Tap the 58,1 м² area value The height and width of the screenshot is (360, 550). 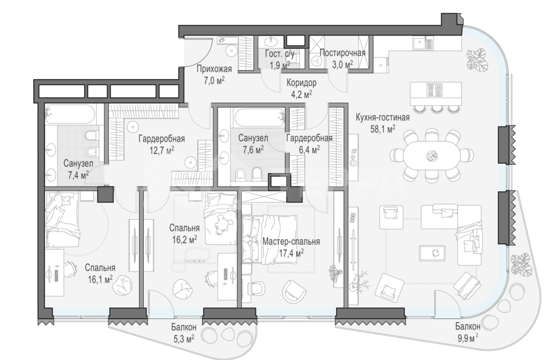[x=383, y=129]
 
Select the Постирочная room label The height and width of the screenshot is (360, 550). [x=342, y=53]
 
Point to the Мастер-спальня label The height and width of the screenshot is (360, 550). [x=291, y=242]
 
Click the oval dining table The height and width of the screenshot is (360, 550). [x=431, y=154]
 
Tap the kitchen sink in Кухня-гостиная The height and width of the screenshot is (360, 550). [x=419, y=43]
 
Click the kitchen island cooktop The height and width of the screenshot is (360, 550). [x=435, y=90]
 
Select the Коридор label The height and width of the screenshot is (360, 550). [x=301, y=83]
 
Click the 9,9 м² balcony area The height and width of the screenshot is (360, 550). [x=467, y=338]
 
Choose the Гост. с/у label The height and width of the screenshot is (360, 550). [x=280, y=53]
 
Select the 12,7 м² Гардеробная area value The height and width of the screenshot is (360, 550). [x=162, y=150]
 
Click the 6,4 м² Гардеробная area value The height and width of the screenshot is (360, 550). [x=309, y=150]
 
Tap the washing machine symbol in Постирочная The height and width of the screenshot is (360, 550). [x=317, y=61]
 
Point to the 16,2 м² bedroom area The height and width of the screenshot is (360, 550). [x=184, y=239]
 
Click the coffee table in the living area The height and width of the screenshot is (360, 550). [x=432, y=252]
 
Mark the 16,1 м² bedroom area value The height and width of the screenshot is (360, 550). [x=99, y=279]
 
